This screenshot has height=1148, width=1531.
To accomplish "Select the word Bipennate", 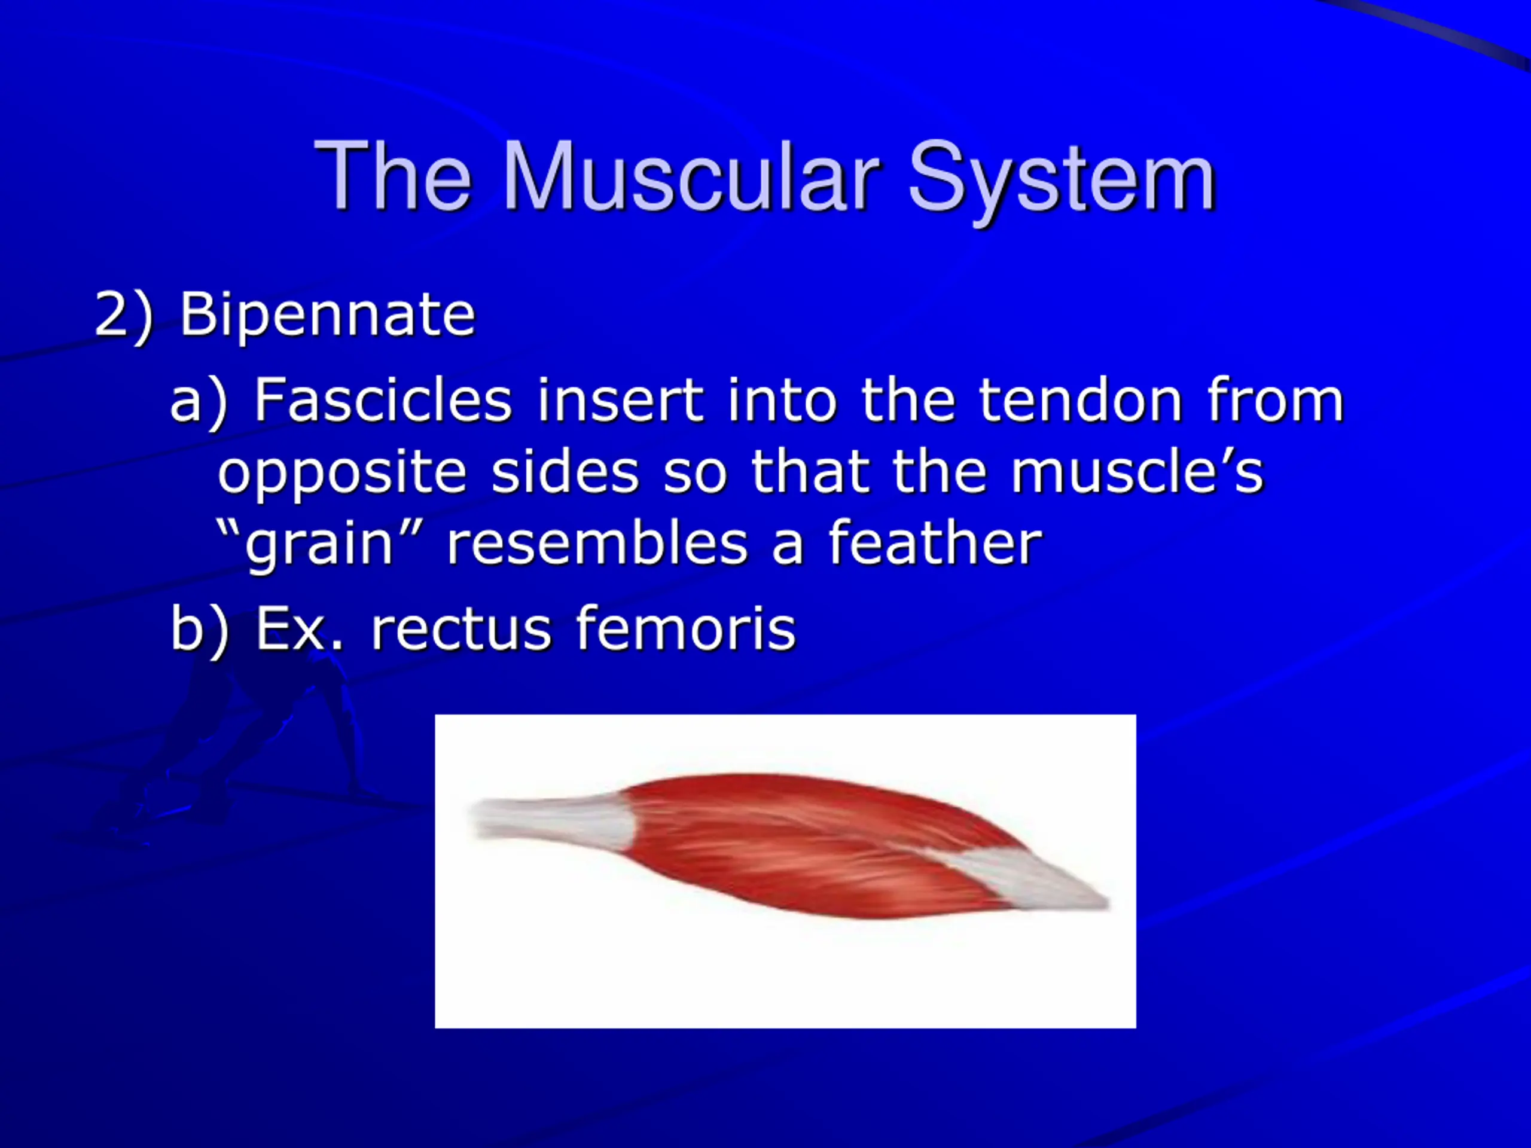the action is coord(327,315).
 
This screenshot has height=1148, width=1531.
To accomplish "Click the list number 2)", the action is coord(123,316).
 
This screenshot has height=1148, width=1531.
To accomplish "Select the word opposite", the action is coord(342,475).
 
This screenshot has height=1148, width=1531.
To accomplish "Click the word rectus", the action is coord(461,629).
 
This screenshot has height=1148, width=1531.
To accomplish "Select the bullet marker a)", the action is coord(199,401).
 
